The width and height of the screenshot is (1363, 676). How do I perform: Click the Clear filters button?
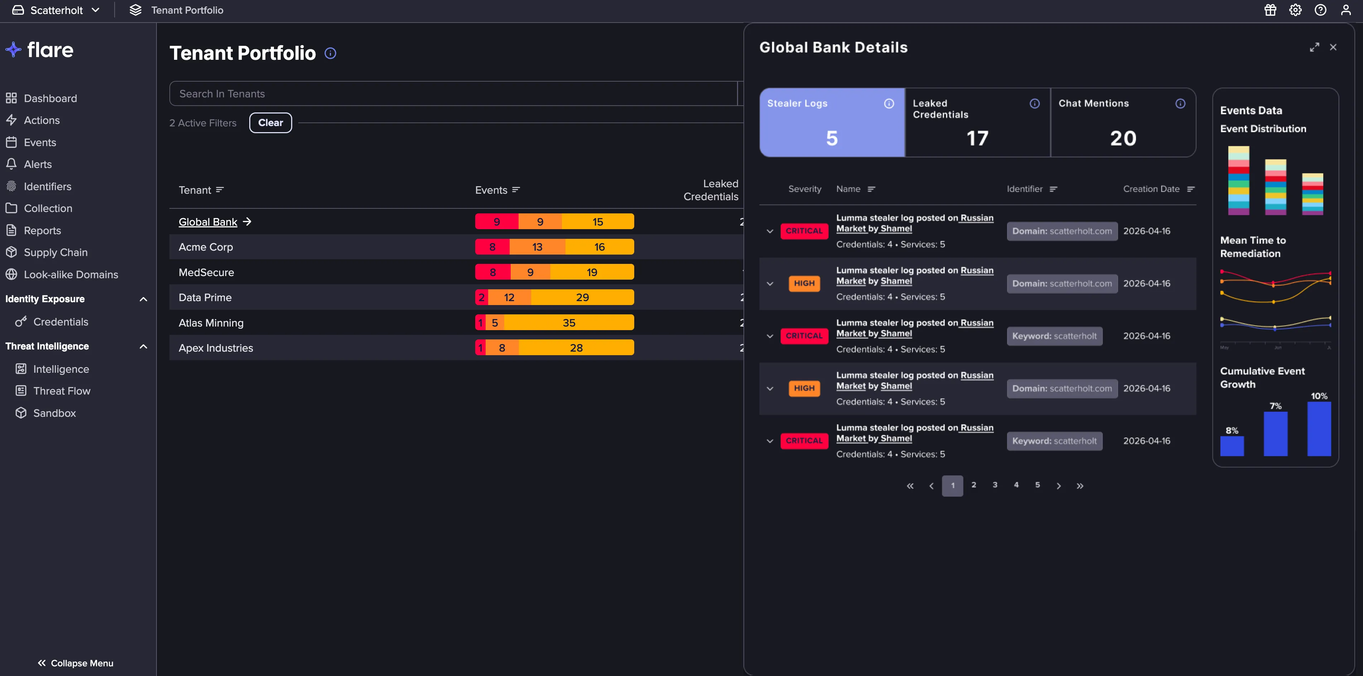270,123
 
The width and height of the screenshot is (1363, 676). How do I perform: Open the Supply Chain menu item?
56,252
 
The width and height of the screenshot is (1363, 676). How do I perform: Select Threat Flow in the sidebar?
61,391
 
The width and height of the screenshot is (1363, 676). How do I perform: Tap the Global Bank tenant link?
208,222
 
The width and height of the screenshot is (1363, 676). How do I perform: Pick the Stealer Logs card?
832,122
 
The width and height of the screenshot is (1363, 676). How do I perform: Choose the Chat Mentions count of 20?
1123,139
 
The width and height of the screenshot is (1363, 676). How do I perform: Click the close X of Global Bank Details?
1333,47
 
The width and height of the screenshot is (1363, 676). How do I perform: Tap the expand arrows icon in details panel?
1314,47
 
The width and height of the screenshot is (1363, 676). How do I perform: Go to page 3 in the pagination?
995,485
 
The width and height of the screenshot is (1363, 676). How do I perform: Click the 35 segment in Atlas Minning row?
569,323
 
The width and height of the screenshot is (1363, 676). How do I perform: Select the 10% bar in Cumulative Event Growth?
1319,429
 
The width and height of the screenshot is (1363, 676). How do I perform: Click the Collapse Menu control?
75,663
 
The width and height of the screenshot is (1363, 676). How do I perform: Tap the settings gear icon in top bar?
1295,10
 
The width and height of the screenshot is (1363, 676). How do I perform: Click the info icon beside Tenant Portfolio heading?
330,53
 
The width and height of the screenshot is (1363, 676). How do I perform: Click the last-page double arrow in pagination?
1080,486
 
